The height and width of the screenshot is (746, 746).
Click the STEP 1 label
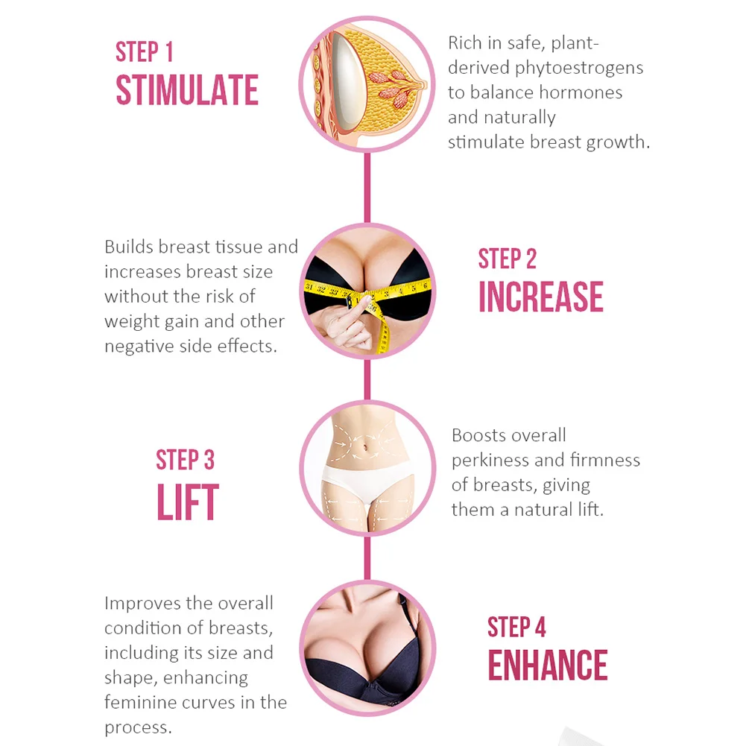click(x=144, y=52)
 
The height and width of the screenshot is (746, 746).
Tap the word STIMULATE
click(x=187, y=91)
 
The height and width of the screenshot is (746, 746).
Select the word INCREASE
click(x=540, y=297)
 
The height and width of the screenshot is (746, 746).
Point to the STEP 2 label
click(x=507, y=259)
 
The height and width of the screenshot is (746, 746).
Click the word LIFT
click(x=187, y=503)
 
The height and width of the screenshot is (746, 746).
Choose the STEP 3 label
click(x=185, y=460)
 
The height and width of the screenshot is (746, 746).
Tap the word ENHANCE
click(x=547, y=666)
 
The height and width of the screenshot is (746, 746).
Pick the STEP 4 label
click(x=516, y=628)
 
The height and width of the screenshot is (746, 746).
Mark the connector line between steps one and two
click(x=367, y=188)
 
